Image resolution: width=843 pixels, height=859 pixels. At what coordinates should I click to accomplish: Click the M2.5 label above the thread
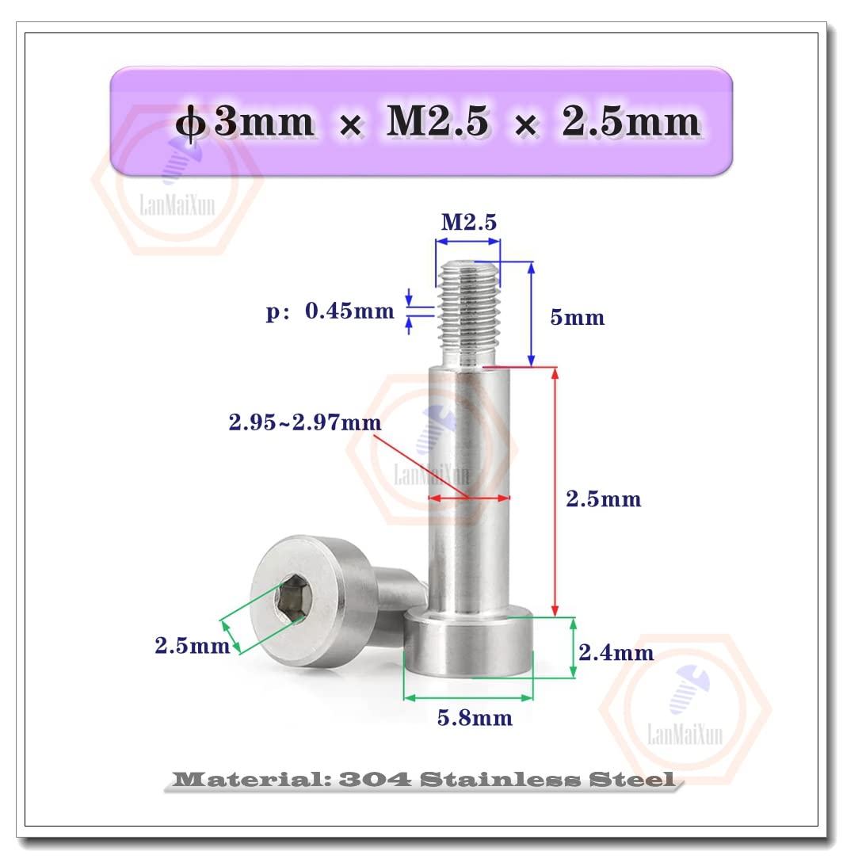(x=469, y=223)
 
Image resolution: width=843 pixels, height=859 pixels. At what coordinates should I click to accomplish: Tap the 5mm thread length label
(x=577, y=318)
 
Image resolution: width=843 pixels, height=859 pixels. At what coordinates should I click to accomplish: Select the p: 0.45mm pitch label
(x=330, y=311)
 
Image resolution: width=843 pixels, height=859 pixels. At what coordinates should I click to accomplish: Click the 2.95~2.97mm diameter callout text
(x=305, y=423)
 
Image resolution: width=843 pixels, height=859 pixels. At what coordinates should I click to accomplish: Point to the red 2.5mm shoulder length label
(x=603, y=499)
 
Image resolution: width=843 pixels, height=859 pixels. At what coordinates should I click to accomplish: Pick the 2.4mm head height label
(x=616, y=653)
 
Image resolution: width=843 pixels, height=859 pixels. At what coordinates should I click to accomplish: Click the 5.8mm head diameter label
(x=475, y=718)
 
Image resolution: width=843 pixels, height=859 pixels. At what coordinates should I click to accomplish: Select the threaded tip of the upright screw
(x=467, y=313)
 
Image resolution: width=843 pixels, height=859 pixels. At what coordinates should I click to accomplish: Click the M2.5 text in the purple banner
(x=437, y=124)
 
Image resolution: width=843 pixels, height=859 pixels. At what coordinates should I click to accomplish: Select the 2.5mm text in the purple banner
(x=631, y=124)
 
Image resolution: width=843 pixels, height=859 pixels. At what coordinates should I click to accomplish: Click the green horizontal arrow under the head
(x=468, y=698)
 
